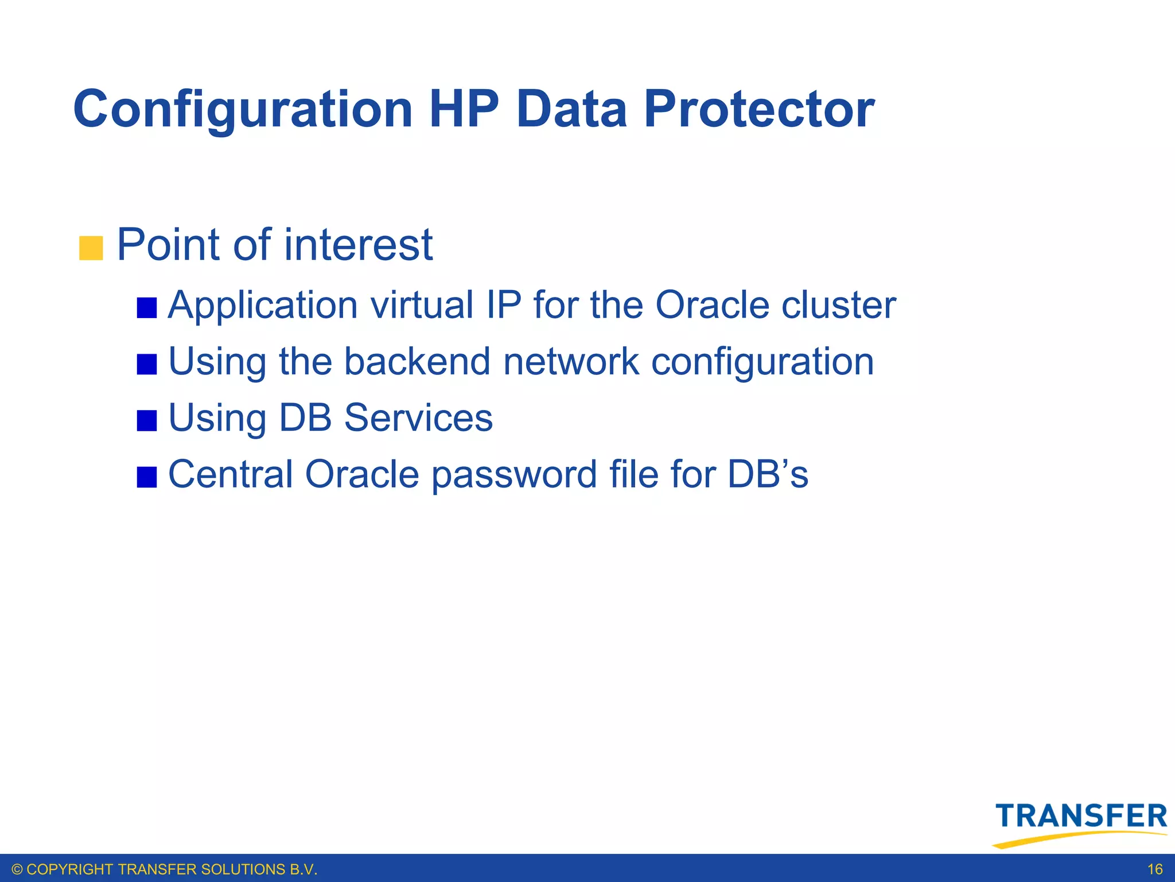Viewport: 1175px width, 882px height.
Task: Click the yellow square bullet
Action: pyautogui.click(x=91, y=248)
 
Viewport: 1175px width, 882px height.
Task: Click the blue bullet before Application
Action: pyautogui.click(x=147, y=308)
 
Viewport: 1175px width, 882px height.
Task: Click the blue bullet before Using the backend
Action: pyautogui.click(x=147, y=364)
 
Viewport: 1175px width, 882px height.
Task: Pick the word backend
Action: pyautogui.click(x=417, y=361)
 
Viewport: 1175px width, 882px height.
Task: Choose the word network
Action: pyautogui.click(x=571, y=361)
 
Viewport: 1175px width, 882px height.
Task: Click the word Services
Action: pyautogui.click(x=418, y=417)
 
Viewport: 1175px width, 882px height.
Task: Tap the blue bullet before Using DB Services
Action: pyautogui.click(x=147, y=420)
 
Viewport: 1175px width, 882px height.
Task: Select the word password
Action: pyautogui.click(x=514, y=475)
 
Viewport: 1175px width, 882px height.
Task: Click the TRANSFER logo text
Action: pyautogui.click(x=1081, y=816)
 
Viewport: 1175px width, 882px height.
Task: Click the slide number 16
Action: pyautogui.click(x=1154, y=869)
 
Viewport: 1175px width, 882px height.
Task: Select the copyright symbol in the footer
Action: pyautogui.click(x=17, y=869)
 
